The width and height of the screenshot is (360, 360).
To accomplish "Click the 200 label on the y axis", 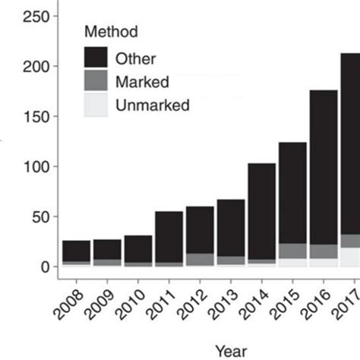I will click(36, 66).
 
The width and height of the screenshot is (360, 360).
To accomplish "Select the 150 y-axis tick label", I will click(36, 116).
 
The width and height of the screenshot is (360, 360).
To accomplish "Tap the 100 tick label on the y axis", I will click(36, 166).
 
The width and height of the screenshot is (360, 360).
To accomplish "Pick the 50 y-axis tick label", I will click(39, 216).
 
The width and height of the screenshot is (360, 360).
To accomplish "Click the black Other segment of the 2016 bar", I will click(324, 167).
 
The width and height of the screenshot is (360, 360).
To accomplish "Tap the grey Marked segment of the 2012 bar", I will click(200, 259).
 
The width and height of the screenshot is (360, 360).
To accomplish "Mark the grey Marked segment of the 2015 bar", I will click(292, 251).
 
